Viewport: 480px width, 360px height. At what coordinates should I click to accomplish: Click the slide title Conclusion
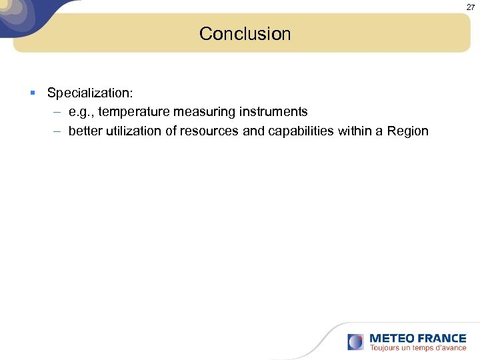coord(245,34)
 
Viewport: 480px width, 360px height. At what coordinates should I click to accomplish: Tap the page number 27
coord(469,7)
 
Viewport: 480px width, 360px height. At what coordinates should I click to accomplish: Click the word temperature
coord(133,111)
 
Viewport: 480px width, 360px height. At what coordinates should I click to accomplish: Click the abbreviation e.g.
coord(81,111)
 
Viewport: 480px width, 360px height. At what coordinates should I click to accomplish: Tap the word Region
coord(407,131)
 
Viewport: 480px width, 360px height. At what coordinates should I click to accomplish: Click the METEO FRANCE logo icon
coord(355,342)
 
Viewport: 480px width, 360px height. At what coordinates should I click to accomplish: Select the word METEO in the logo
coord(392,338)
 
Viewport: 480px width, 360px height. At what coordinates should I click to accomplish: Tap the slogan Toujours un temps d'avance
coord(418,348)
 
